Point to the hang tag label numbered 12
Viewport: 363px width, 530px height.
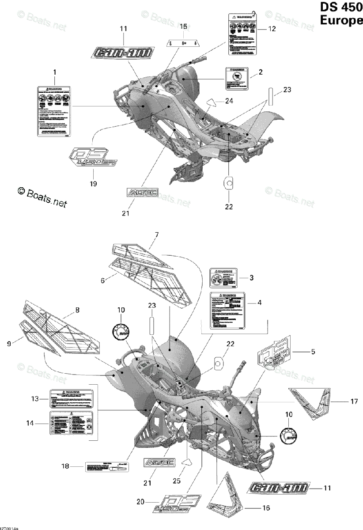click(x=242, y=34)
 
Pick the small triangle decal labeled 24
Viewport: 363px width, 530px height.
click(x=213, y=102)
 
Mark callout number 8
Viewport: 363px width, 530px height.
click(x=77, y=310)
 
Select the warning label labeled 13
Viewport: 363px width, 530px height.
click(x=72, y=399)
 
